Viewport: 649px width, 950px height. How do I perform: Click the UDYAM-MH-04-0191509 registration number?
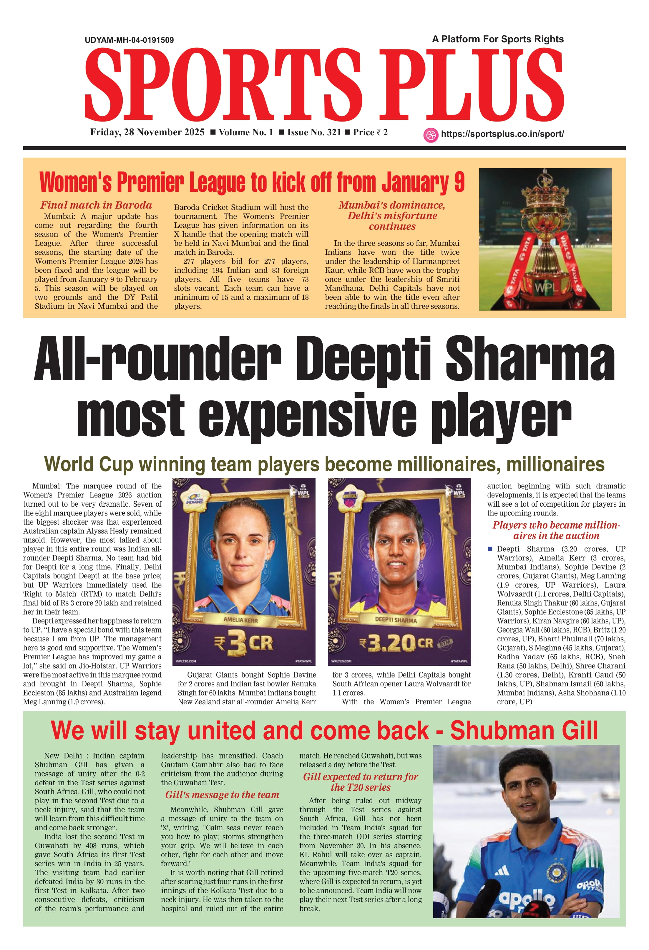(x=129, y=40)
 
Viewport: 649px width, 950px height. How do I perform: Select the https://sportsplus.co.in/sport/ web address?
(x=502, y=134)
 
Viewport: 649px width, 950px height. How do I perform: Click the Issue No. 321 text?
(x=314, y=132)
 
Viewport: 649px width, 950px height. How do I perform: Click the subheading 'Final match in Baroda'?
(x=96, y=205)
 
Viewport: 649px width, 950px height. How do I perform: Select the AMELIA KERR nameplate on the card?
(x=240, y=620)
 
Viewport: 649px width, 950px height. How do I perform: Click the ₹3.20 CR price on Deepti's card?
(x=396, y=643)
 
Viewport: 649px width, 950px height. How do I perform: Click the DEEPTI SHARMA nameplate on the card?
(x=396, y=620)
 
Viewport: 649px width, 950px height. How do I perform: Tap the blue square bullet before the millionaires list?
(x=490, y=549)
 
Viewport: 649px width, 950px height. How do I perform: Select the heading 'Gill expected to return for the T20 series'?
(x=360, y=782)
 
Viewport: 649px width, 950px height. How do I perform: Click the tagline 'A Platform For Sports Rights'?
(x=498, y=39)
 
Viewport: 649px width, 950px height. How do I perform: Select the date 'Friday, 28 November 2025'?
(x=147, y=132)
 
